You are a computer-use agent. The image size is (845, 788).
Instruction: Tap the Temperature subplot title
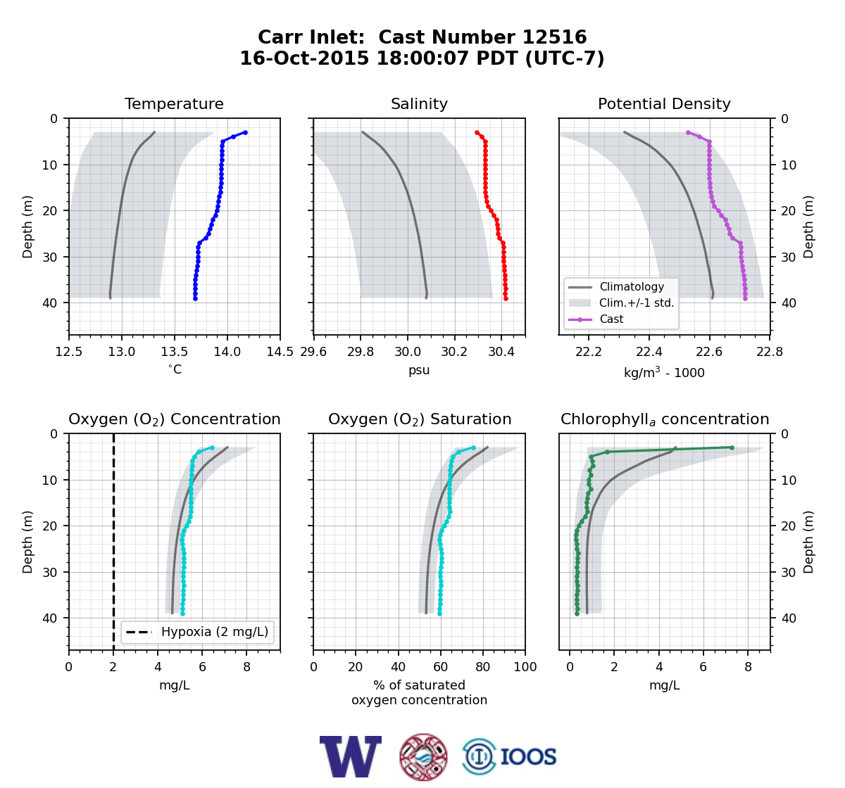[x=174, y=103]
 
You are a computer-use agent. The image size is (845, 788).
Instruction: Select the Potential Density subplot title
[x=664, y=103]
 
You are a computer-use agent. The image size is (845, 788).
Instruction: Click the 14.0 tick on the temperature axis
[x=227, y=352]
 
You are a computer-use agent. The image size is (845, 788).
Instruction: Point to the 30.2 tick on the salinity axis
[x=454, y=352]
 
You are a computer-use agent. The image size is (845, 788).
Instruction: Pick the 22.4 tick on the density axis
[x=649, y=352]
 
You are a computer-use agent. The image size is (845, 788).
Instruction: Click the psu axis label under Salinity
[x=419, y=370]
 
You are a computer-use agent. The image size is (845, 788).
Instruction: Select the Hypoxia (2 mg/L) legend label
[x=215, y=632]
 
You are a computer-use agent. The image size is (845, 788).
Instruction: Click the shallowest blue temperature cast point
[x=245, y=133]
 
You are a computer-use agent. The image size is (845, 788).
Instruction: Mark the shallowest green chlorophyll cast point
[x=732, y=447]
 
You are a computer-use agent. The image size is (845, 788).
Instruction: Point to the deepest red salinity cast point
[x=506, y=298]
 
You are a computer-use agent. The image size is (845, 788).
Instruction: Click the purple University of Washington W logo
[x=351, y=756]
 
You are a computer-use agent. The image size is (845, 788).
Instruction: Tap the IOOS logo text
[x=528, y=757]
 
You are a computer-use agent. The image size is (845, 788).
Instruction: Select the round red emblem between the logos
[x=423, y=757]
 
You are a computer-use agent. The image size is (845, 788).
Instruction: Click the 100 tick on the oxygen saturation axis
[x=525, y=667]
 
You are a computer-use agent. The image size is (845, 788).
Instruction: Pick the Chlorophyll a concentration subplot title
[x=665, y=419]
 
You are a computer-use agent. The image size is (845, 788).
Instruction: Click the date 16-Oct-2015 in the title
[x=304, y=58]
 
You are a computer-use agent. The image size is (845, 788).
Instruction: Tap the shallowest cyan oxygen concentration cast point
[x=213, y=447]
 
